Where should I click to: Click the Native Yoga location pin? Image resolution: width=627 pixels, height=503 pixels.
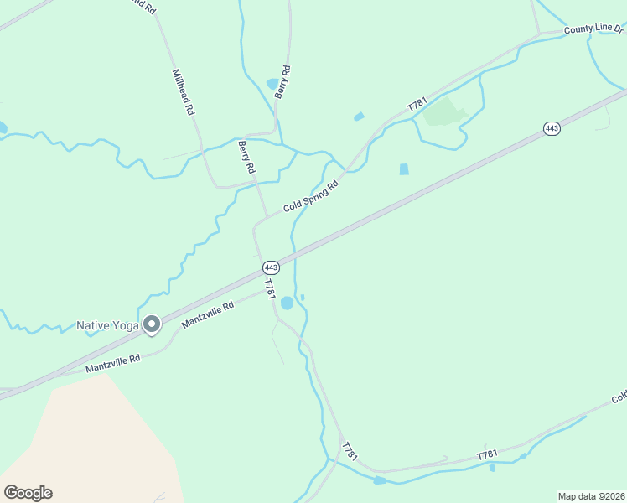[x=152, y=324]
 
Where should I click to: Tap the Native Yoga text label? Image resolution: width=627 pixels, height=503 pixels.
[x=107, y=325]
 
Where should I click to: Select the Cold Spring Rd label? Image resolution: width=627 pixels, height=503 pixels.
[x=310, y=195]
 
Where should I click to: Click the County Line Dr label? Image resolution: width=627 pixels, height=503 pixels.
[x=594, y=29]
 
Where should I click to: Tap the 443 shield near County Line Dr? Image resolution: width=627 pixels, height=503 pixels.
[x=551, y=128]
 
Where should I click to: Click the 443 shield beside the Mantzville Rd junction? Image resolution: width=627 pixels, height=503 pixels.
[x=270, y=267]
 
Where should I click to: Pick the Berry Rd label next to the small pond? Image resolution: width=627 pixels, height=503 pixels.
[x=284, y=82]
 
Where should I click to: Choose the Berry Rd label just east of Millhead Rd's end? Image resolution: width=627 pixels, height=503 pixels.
[x=246, y=157]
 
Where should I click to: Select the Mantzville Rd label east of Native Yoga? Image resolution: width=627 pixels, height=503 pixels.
[x=207, y=315]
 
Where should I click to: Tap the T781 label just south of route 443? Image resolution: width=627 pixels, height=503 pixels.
[x=269, y=290]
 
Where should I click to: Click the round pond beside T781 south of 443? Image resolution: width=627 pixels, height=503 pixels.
[x=288, y=303]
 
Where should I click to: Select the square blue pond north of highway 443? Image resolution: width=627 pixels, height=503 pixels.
[x=404, y=169]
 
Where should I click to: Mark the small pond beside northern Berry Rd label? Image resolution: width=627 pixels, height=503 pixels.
[x=272, y=84]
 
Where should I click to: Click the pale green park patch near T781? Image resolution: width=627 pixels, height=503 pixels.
[x=444, y=112]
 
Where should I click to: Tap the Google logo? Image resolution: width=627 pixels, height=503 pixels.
[x=28, y=492]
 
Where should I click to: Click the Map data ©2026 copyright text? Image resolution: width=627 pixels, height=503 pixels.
[x=592, y=496]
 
